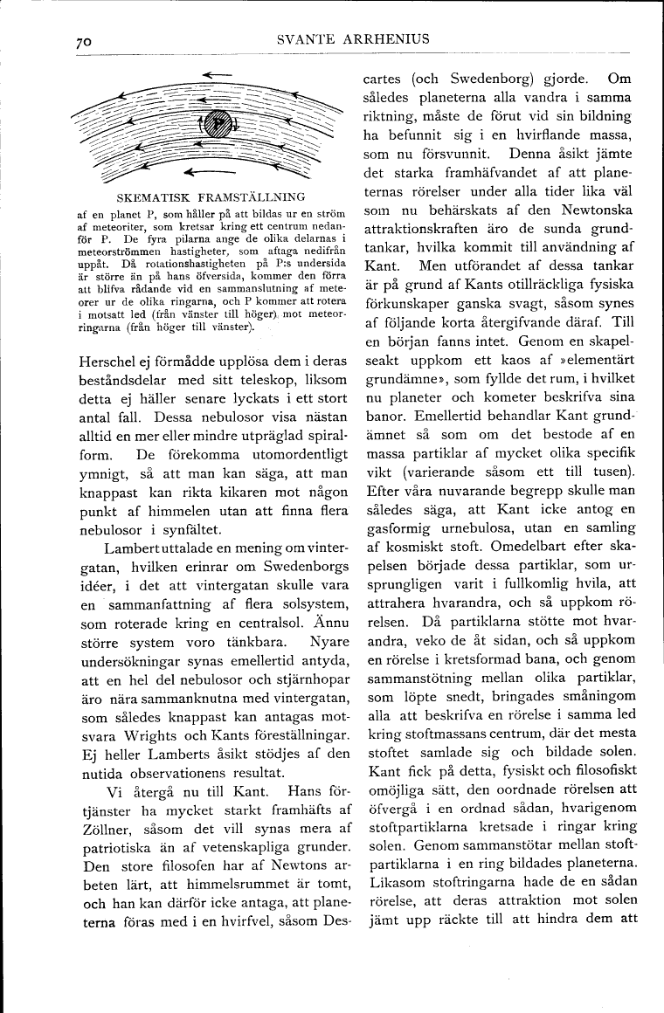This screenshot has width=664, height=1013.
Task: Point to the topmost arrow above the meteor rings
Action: tap(215, 76)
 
